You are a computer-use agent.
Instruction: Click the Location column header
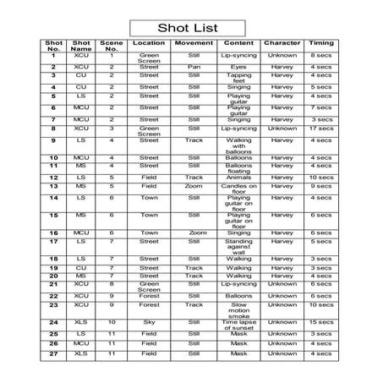tap(149, 42)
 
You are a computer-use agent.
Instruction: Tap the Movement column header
tap(194, 42)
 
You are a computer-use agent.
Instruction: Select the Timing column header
tap(321, 42)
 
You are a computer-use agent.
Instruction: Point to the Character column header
tap(282, 42)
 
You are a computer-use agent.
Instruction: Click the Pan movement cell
tap(194, 66)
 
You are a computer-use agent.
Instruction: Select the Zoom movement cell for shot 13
tap(194, 187)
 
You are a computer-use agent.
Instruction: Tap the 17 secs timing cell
tap(321, 129)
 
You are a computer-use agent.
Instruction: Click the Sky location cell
tap(149, 322)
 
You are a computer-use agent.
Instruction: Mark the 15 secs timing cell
tap(321, 322)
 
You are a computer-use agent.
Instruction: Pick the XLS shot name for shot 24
tap(82, 322)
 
